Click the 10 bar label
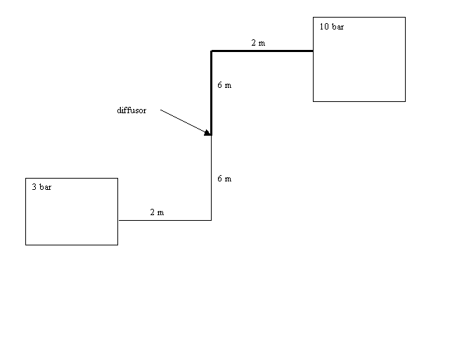tap(331, 27)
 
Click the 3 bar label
tap(41, 187)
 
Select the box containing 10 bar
tap(359, 17)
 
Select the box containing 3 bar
tap(72, 179)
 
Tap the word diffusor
tap(131, 110)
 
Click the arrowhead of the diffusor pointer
tap(208, 133)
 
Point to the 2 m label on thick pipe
tap(258, 43)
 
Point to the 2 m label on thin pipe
tap(157, 212)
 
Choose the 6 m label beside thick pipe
tap(224, 85)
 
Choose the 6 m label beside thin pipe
tap(224, 179)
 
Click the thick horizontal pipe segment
tap(262, 51)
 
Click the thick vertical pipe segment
tap(211, 93)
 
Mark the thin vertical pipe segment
tap(212, 178)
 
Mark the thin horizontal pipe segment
tap(165, 220)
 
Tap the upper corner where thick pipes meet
tap(211, 51)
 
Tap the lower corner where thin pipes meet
tap(212, 220)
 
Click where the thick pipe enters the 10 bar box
tap(313, 51)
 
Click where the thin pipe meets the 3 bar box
tap(118, 220)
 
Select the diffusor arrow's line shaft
tap(183, 121)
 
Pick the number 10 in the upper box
tap(324, 27)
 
